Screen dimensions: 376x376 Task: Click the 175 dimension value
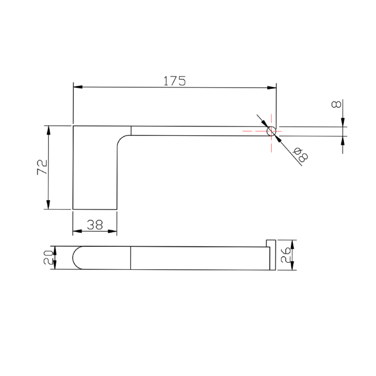[x=174, y=81]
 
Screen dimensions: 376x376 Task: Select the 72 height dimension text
[x=42, y=167]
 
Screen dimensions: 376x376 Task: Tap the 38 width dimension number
[x=95, y=225]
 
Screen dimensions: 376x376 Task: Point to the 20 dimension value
[x=48, y=257]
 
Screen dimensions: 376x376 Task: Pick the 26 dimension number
[x=286, y=255]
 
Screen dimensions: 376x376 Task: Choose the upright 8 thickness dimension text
[x=336, y=104]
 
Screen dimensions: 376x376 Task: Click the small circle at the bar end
[x=271, y=131]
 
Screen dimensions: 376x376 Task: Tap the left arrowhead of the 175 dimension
[x=78, y=87]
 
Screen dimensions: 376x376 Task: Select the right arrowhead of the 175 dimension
[x=272, y=88]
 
